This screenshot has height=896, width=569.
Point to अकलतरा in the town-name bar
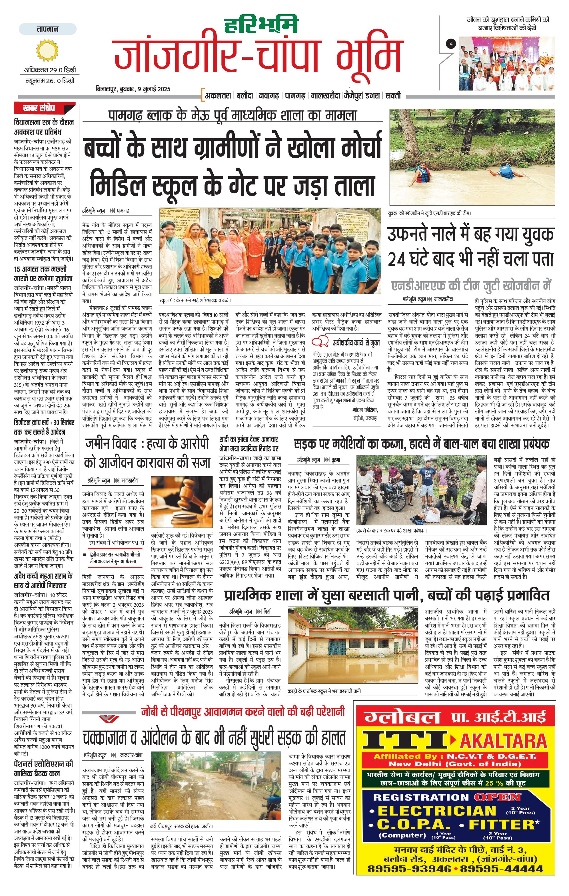[218, 96]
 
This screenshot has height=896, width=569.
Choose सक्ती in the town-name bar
[393, 96]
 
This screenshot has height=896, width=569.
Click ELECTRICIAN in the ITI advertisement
[437, 811]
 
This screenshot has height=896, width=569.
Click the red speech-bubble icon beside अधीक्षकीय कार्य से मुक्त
[320, 341]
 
